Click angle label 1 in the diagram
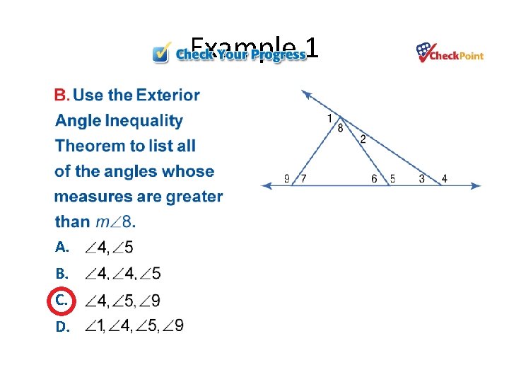(x=329, y=118)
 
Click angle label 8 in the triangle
(x=340, y=128)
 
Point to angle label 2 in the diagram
(x=363, y=139)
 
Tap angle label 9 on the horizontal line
(x=287, y=179)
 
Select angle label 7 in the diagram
(x=303, y=179)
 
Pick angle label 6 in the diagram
(x=374, y=179)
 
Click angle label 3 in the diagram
(x=421, y=179)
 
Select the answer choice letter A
(x=62, y=247)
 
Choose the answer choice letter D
(x=62, y=326)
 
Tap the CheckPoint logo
(x=450, y=53)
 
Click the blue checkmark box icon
(x=162, y=53)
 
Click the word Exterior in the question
(x=168, y=95)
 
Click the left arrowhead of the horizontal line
(x=266, y=185)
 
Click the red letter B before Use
(x=61, y=95)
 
